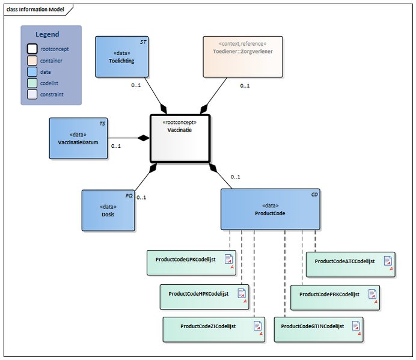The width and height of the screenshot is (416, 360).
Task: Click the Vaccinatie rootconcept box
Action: (x=179, y=138)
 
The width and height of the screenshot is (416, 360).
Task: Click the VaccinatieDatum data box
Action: (x=78, y=138)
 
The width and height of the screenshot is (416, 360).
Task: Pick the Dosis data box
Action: (x=108, y=210)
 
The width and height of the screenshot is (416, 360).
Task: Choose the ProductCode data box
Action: (x=270, y=209)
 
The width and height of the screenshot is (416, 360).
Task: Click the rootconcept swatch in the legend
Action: (x=31, y=49)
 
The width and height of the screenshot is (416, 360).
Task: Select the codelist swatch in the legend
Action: (x=31, y=83)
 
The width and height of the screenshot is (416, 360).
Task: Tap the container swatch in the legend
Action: (x=31, y=61)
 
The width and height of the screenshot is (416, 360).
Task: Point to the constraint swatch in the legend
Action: (x=31, y=94)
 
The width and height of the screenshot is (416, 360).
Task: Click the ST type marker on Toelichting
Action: (x=142, y=42)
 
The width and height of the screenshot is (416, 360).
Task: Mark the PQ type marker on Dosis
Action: (x=129, y=196)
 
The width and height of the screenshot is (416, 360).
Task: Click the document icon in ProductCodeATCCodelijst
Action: (x=388, y=260)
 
